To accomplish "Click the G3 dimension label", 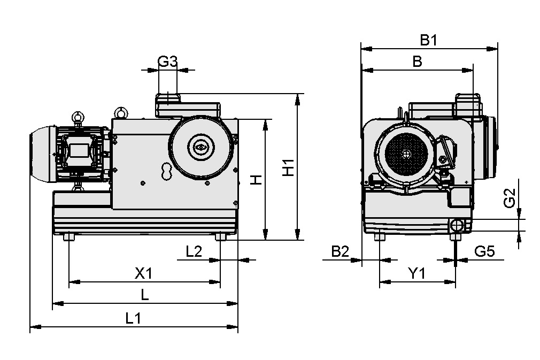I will pyautogui.click(x=167, y=62).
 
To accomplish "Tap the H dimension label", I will pyautogui.click(x=257, y=180).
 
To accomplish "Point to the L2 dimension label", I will pyautogui.click(x=194, y=251).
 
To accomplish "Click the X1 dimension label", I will pyautogui.click(x=143, y=273).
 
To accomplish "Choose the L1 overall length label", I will pyautogui.click(x=133, y=318).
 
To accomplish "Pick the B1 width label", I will pyautogui.click(x=428, y=40).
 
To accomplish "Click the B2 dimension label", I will pyautogui.click(x=340, y=251).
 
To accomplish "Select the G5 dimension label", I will pyautogui.click(x=484, y=251).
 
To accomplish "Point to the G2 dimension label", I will pyautogui.click(x=510, y=198).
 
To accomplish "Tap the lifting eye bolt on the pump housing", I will pyautogui.click(x=121, y=112).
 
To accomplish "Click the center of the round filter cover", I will pyautogui.click(x=201, y=147).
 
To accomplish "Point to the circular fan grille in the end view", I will pyautogui.click(x=407, y=155).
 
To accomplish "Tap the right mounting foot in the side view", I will pyautogui.click(x=221, y=237).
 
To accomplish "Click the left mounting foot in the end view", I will pyautogui.click(x=380, y=237).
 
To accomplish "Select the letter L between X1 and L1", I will pyautogui.click(x=145, y=296).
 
